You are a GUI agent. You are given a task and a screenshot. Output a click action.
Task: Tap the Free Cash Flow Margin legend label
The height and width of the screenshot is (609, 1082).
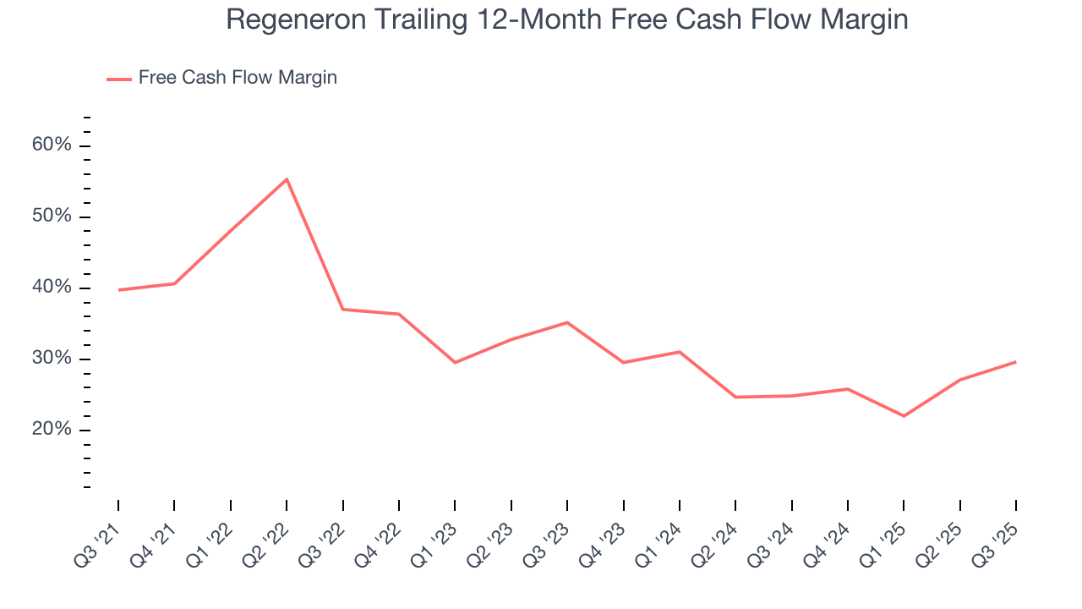coord(238,78)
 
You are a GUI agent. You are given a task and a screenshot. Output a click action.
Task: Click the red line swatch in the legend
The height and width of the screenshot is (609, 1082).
coord(118,79)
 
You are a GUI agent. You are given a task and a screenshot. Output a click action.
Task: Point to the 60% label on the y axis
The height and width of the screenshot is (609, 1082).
coord(52,145)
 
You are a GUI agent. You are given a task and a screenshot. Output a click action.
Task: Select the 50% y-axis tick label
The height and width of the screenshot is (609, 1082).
coord(52,217)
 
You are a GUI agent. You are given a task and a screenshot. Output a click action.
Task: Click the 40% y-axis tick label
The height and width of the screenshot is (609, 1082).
coord(52,288)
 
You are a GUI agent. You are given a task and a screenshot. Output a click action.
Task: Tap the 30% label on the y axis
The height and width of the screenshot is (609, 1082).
coord(52,359)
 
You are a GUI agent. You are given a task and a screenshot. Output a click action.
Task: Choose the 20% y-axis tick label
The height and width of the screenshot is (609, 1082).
coord(52,430)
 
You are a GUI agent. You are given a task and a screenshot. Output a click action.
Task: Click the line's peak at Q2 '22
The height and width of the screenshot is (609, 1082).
coord(287,179)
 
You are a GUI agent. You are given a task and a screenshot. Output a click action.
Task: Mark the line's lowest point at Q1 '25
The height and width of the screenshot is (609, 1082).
coord(904,416)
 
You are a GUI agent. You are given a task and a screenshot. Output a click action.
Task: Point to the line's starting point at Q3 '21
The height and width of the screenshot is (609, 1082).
coord(118,290)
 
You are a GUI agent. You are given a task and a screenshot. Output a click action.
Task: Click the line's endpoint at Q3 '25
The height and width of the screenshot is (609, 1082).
coord(1015,362)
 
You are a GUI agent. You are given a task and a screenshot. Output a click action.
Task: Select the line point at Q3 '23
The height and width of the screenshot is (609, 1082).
coord(567,322)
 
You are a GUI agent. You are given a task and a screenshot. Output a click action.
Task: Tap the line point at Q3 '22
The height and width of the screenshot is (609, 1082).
coord(342,310)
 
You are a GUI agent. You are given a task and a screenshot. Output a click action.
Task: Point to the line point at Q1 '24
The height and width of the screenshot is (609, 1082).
coord(679,352)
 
